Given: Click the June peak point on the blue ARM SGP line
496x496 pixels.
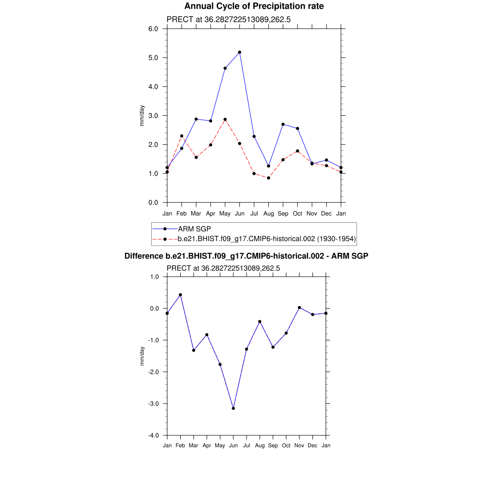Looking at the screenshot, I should click(x=240, y=52).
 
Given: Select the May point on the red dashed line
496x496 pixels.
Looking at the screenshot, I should click(x=225, y=119).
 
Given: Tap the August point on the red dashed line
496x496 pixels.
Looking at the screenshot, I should click(x=269, y=178).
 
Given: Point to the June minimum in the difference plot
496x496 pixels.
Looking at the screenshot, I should click(x=233, y=408).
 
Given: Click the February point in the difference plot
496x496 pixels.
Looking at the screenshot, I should click(x=180, y=294).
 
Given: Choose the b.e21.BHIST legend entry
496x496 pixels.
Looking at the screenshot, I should click(x=267, y=239).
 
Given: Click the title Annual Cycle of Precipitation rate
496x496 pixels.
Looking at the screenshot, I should click(x=254, y=6).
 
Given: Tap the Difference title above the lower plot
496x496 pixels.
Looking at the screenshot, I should click(x=247, y=256).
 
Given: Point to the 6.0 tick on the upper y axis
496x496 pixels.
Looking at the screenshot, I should click(x=153, y=29).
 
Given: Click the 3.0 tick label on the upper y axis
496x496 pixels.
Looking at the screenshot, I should click(x=153, y=116).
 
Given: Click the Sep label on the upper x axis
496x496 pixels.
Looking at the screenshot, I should click(x=283, y=214).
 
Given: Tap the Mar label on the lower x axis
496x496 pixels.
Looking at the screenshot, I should click(x=194, y=446).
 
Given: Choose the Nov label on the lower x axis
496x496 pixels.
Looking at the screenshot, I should click(x=299, y=446).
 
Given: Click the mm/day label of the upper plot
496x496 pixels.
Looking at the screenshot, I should click(x=142, y=116).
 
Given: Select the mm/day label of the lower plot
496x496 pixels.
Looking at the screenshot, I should click(x=142, y=356).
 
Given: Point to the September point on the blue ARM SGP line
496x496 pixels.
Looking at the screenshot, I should click(x=283, y=124).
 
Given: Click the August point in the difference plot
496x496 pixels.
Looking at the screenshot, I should click(x=260, y=322).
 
